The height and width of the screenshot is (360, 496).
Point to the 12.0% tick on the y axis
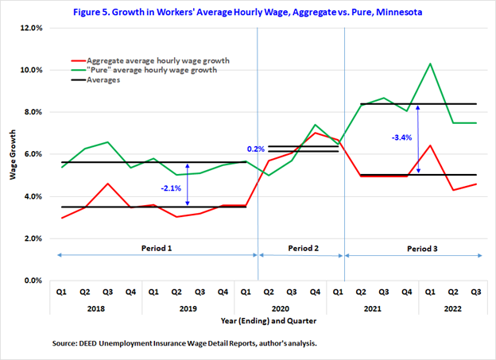click(29, 28)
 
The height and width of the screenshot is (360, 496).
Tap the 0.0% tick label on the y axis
click(30, 281)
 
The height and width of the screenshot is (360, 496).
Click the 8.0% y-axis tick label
click(30, 112)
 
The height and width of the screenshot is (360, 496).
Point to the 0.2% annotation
click(256, 149)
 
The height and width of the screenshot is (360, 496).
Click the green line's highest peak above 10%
click(430, 64)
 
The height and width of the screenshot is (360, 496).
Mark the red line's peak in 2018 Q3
click(107, 184)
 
